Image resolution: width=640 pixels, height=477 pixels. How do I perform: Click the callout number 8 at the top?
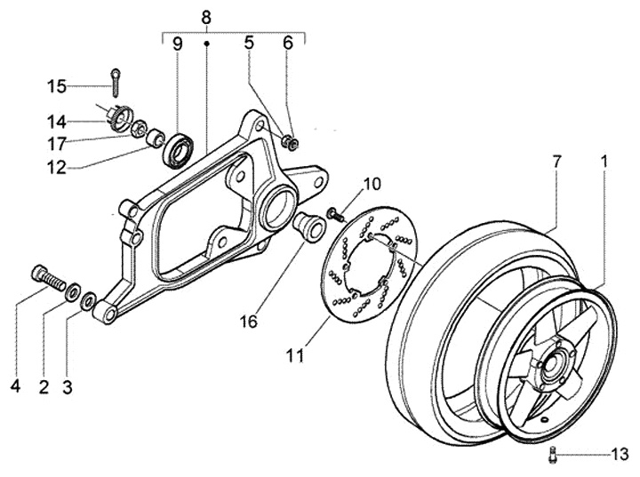(x=206, y=19)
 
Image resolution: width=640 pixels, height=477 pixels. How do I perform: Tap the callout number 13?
(x=620, y=454)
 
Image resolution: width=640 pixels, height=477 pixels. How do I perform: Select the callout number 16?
(x=249, y=322)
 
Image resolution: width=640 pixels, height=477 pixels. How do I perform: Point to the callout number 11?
(x=295, y=355)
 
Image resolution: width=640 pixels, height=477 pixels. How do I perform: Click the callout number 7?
(x=556, y=162)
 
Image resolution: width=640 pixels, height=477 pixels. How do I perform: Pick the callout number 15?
(x=56, y=86)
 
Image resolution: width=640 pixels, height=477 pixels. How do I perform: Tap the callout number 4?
(x=15, y=386)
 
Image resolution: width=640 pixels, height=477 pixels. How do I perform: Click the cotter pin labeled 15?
(x=116, y=83)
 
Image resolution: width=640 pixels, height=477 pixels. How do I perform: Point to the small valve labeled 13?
(x=553, y=454)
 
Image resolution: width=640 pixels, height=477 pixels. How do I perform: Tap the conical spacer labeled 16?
(x=309, y=227)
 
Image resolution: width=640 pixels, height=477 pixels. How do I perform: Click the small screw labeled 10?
(x=334, y=214)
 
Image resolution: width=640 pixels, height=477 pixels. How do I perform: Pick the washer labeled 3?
(x=89, y=301)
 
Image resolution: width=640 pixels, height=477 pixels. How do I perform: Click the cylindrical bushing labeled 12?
(x=156, y=139)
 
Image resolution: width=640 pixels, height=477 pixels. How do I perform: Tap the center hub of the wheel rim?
(x=552, y=362)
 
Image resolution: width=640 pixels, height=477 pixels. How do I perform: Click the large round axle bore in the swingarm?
(x=280, y=205)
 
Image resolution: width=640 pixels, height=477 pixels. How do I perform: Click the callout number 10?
(x=372, y=184)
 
